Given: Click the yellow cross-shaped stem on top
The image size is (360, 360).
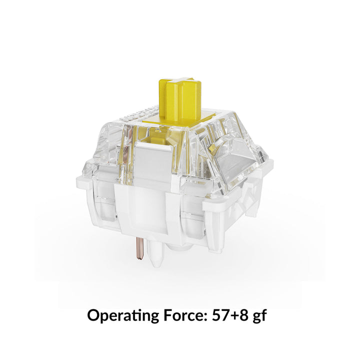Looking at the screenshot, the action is (180, 98).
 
